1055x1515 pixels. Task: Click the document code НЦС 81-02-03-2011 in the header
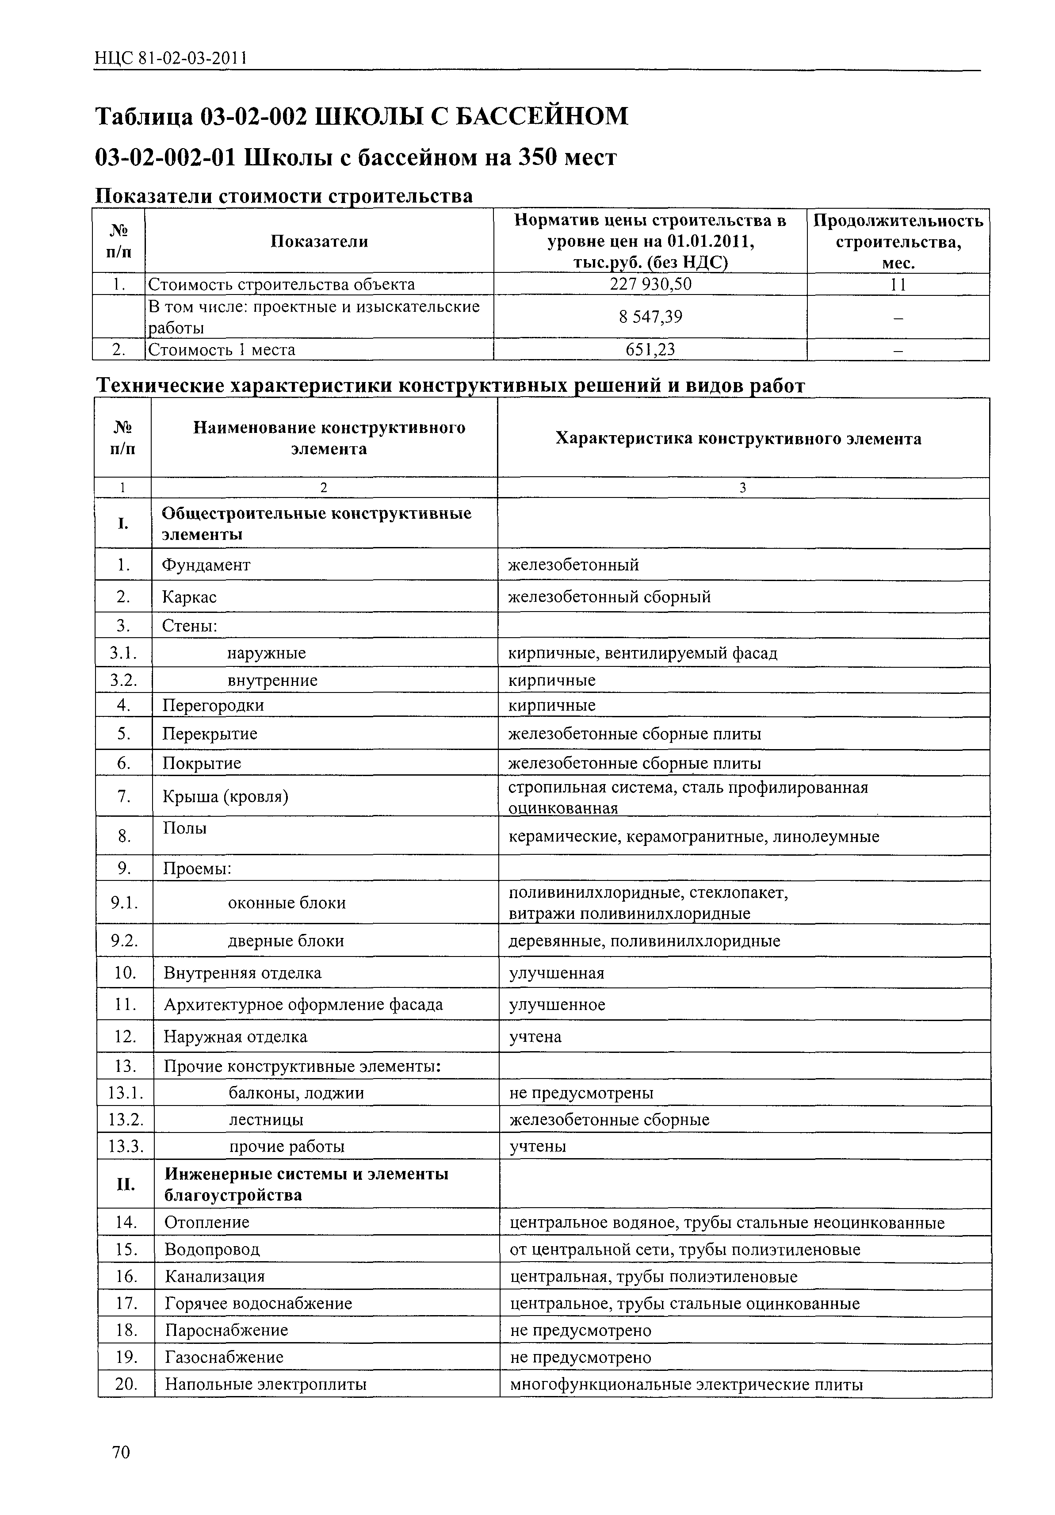170,59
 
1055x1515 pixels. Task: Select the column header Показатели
319,241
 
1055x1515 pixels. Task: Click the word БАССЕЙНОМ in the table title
542,116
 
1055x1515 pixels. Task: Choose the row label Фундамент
206,565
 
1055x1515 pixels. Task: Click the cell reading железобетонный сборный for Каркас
609,597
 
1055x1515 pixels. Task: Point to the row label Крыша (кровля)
225,796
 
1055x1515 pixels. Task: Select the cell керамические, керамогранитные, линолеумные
693,837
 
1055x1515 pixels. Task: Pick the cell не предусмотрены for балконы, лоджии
581,1093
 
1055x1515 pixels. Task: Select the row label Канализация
214,1276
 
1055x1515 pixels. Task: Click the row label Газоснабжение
224,1357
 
